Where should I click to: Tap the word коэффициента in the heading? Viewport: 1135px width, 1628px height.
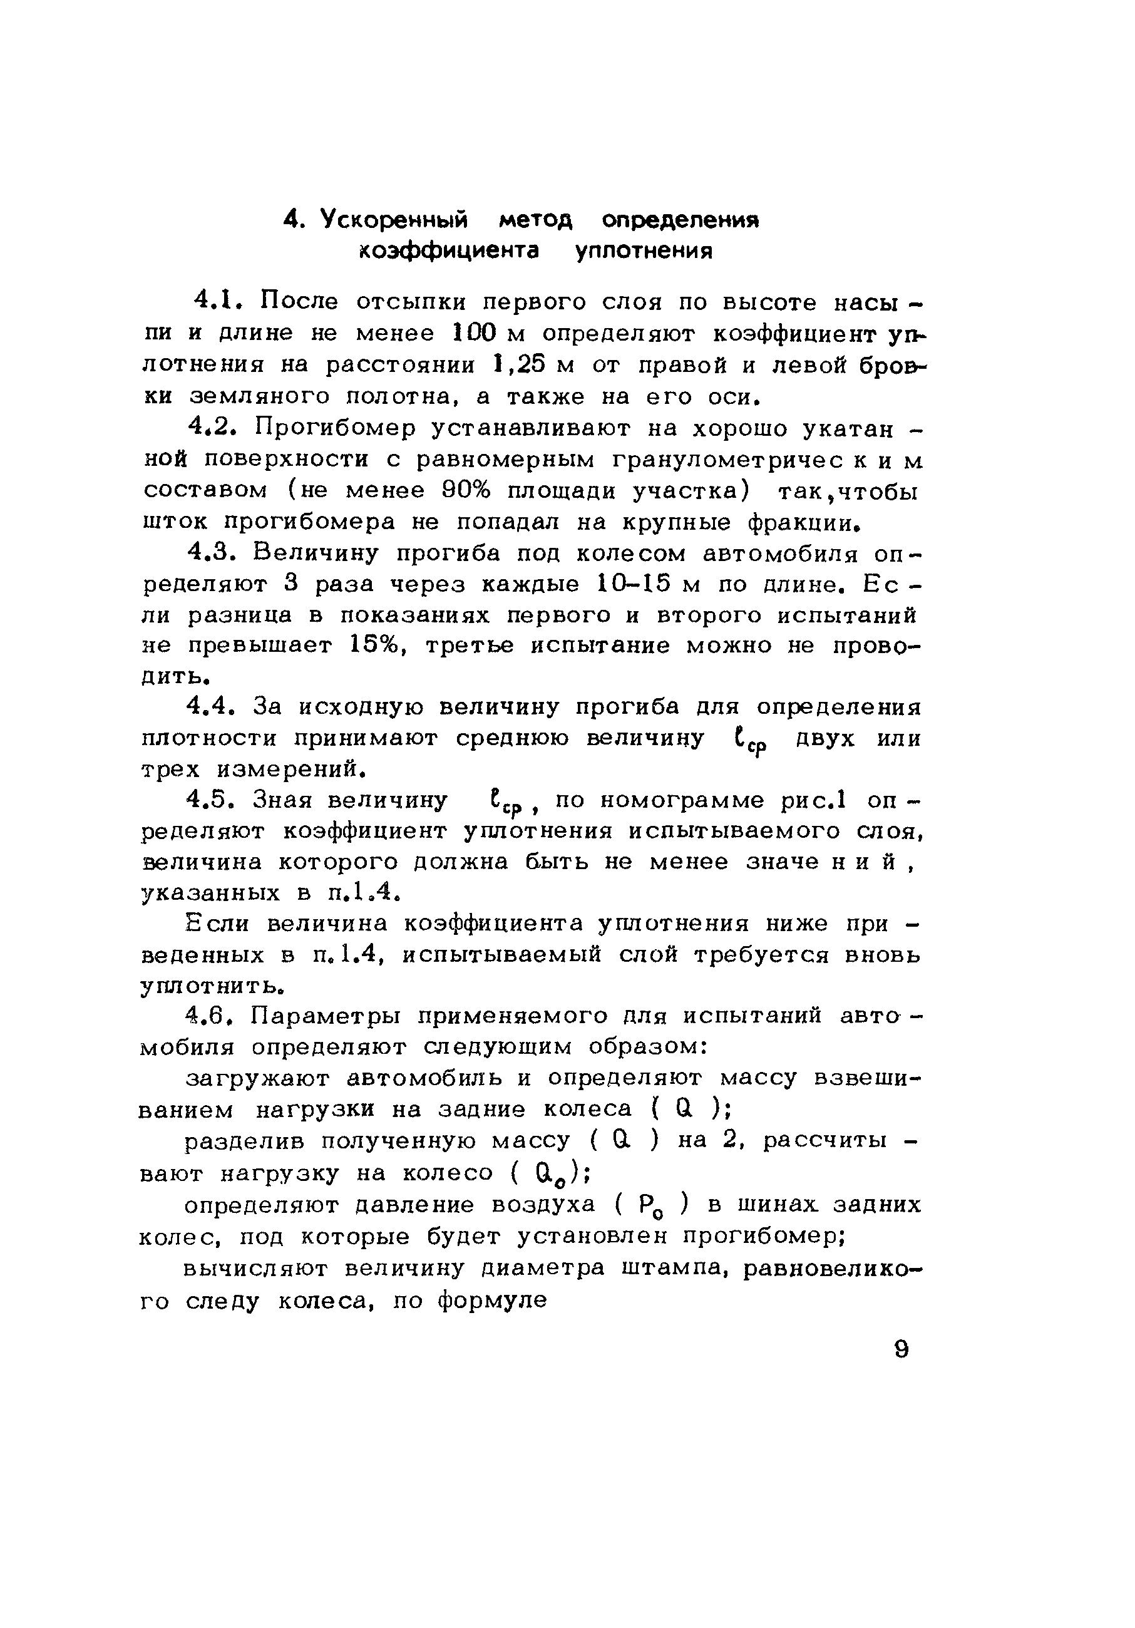(449, 252)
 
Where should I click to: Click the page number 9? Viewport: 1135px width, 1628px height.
(901, 1349)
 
